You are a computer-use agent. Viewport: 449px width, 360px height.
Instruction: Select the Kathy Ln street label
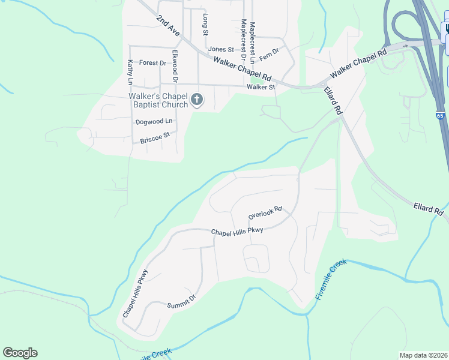pos(130,71)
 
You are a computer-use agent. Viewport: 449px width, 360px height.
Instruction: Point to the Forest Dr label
pos(152,63)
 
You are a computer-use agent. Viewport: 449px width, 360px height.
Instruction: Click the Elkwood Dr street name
pos(175,66)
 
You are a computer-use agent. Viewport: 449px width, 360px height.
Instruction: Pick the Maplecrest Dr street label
pos(244,40)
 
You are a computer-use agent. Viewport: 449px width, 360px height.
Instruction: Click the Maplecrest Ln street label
pos(253,42)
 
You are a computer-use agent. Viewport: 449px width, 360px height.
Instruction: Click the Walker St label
pos(261,88)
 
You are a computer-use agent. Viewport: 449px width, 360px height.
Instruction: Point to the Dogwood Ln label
pos(154,122)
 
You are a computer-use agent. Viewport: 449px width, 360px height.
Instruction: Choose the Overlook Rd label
pos(265,212)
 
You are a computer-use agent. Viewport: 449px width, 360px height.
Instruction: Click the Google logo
pos(20,353)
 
